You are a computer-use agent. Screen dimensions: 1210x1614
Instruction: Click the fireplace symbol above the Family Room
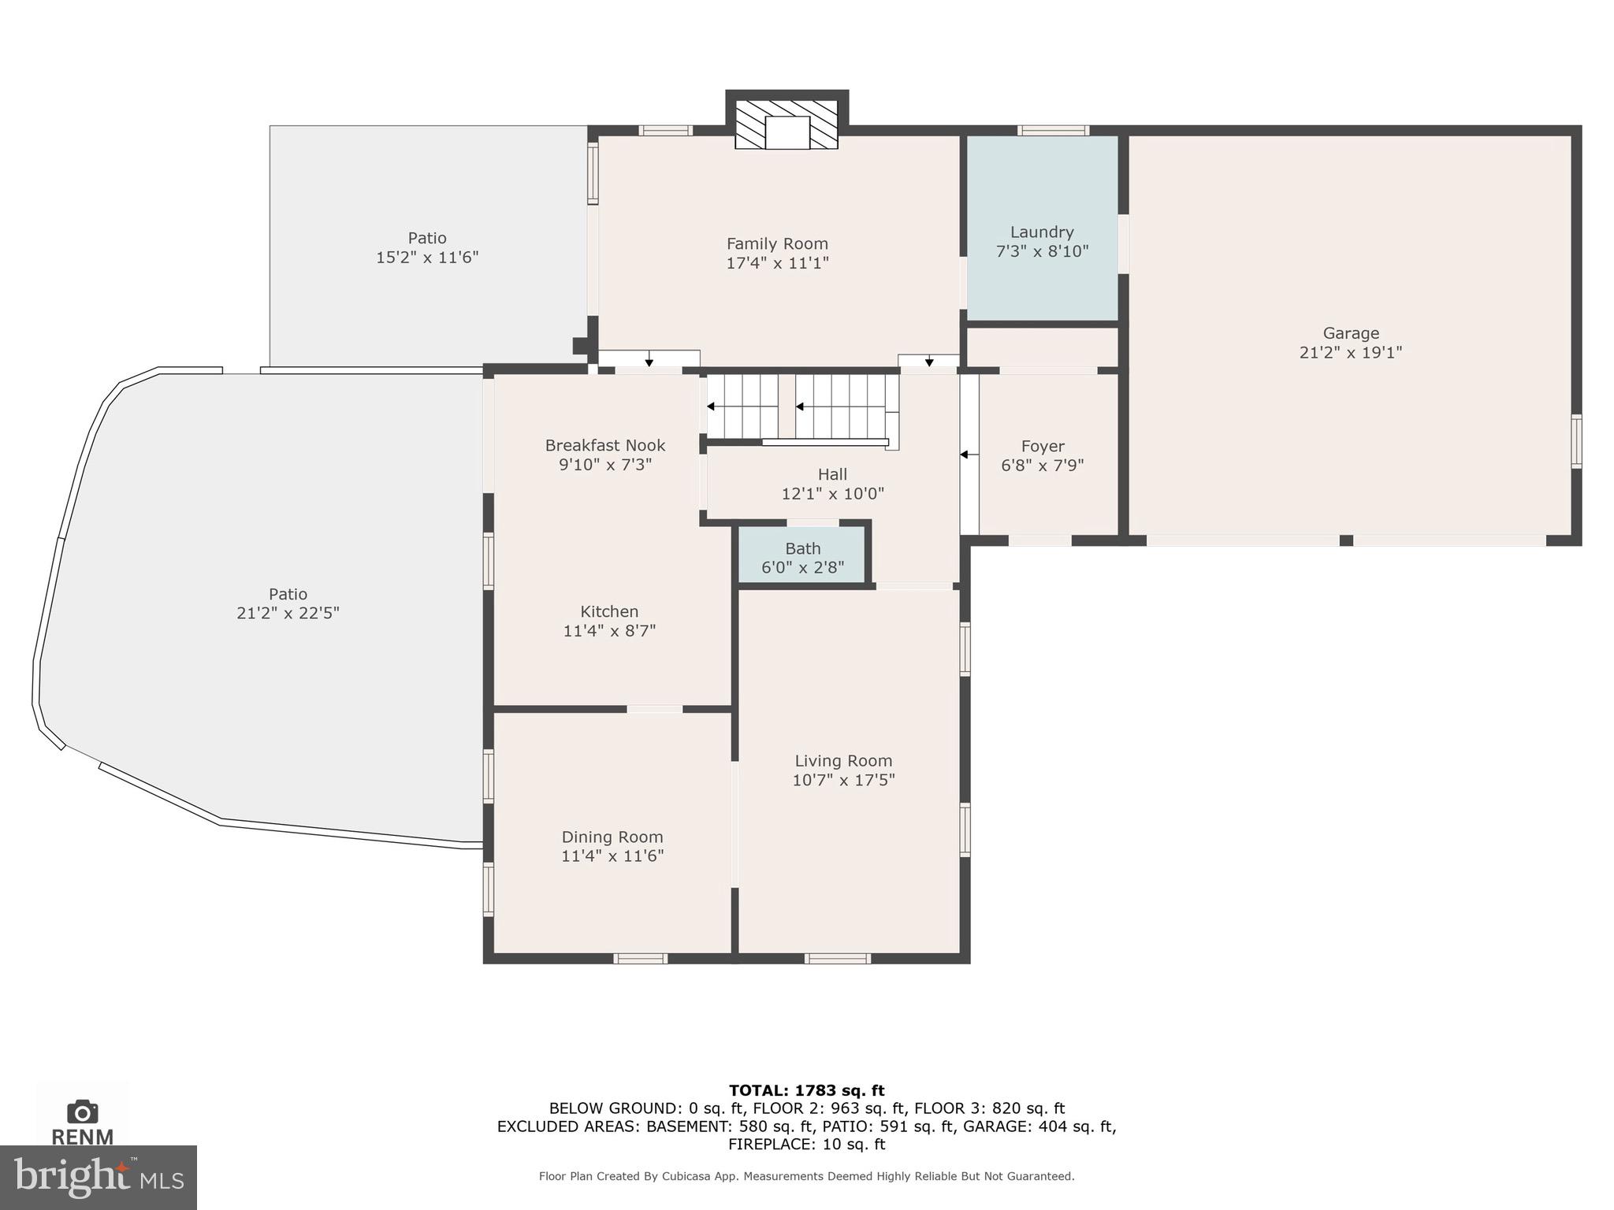click(787, 124)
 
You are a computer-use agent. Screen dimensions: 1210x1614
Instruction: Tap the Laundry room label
click(1042, 232)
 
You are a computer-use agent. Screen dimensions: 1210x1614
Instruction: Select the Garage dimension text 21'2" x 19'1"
click(1350, 352)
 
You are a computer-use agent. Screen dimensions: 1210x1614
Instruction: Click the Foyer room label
click(1042, 447)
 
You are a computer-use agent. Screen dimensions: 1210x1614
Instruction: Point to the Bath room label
click(802, 548)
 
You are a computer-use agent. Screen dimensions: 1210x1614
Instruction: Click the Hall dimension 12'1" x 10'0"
click(832, 494)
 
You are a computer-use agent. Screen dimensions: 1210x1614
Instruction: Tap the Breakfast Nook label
click(605, 445)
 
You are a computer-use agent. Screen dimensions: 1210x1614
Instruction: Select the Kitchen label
click(609, 611)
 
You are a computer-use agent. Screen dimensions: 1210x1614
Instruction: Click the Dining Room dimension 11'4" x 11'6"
click(612, 856)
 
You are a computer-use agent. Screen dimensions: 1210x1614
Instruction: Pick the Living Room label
click(843, 761)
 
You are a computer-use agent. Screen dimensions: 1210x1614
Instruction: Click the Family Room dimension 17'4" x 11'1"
click(777, 263)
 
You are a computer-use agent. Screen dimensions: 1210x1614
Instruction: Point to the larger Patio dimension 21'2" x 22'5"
click(288, 613)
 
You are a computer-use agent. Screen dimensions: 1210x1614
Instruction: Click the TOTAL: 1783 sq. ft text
click(806, 1090)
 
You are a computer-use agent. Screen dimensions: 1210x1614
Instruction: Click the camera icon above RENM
click(83, 1112)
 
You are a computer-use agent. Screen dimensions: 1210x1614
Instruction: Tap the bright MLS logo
click(98, 1177)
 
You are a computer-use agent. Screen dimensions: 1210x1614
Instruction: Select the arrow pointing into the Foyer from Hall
click(965, 455)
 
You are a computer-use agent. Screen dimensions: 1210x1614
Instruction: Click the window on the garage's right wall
click(1576, 441)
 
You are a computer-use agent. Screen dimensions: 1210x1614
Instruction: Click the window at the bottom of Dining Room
click(640, 959)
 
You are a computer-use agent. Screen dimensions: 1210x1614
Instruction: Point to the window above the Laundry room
click(1053, 131)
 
